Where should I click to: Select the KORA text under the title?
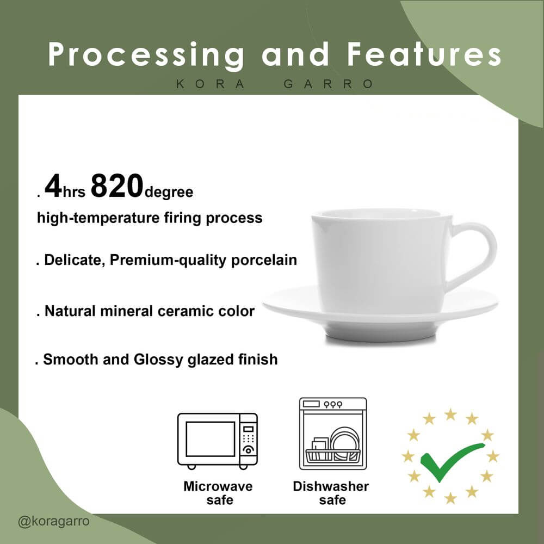click(210, 84)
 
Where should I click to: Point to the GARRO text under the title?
click(328, 84)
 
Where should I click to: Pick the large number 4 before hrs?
click(53, 186)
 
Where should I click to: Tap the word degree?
click(169, 192)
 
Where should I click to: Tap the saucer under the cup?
click(380, 313)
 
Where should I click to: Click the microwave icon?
click(218, 441)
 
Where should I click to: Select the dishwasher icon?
click(333, 434)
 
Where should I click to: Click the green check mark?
click(450, 462)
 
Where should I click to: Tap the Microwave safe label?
click(218, 493)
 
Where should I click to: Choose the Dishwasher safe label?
click(331, 493)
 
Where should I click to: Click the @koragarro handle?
click(54, 521)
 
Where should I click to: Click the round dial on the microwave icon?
click(249, 450)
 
